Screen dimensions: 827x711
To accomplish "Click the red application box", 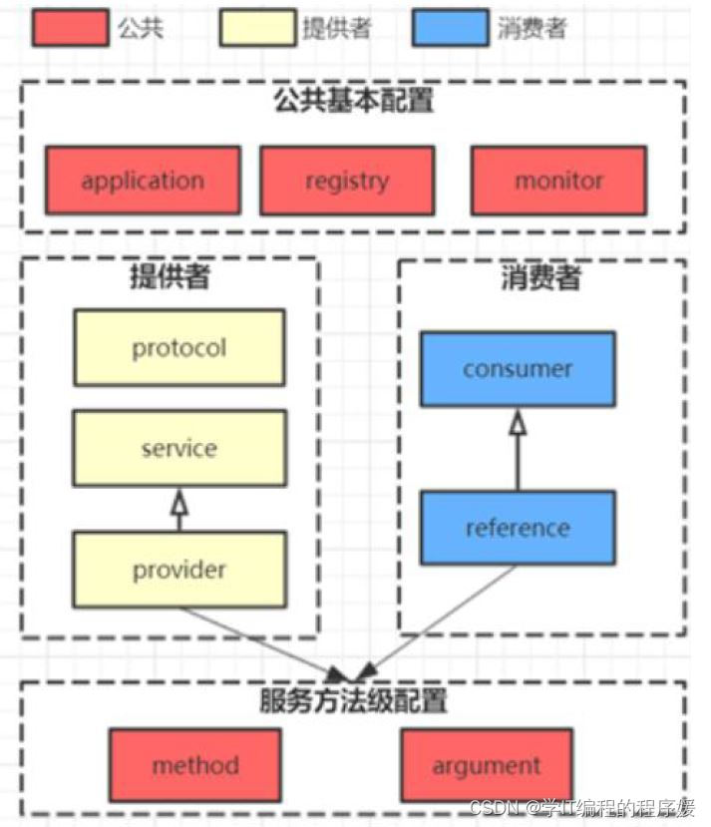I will pos(143,181).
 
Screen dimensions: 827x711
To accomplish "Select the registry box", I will pos(347,181).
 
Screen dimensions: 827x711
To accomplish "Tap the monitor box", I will pos(558,181).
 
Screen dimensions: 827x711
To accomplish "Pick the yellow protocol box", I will pos(179,348).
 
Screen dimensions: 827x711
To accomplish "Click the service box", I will pos(179,448).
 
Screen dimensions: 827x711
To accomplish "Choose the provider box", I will pos(179,570).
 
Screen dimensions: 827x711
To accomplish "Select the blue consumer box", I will pos(518,369).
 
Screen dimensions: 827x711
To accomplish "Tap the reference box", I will pos(518,528).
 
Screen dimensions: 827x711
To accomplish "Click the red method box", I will pos(195,765).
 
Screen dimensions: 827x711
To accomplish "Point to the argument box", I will pos(487,765).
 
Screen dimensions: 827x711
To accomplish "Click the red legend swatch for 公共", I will pos(70,28).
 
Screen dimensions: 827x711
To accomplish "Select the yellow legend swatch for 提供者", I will pos(256,28).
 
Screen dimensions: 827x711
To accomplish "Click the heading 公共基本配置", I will pos(354,101).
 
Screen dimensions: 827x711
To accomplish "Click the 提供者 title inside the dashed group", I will pos(170,276).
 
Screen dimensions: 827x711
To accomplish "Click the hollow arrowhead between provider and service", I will pos(179,504).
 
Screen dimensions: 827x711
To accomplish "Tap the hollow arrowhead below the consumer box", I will pos(518,424).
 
